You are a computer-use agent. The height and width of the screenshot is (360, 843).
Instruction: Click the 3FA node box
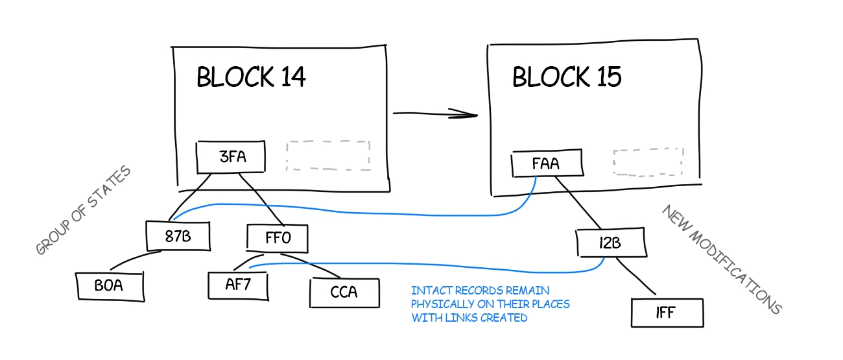tap(232, 157)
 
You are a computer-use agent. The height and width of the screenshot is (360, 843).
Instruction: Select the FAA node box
tap(546, 164)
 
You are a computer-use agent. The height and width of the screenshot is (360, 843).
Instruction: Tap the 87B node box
tap(178, 236)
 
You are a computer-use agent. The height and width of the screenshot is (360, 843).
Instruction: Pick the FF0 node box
tap(278, 238)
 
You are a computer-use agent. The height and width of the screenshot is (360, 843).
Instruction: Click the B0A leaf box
tap(109, 286)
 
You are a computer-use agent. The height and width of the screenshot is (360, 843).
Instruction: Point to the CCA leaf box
tap(344, 293)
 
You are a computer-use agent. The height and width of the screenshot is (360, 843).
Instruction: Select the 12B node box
tap(611, 244)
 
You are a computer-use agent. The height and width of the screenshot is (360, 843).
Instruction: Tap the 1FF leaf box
tap(666, 313)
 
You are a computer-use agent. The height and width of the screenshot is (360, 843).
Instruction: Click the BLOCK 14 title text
tap(251, 77)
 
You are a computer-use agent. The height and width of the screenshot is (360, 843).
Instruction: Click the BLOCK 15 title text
tap(567, 77)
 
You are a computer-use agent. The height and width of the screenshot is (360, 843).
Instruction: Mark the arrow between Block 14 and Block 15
tap(434, 114)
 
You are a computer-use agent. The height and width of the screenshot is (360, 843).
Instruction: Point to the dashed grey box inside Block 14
tap(328, 156)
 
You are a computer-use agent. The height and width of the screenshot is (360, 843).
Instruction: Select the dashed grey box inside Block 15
tap(648, 162)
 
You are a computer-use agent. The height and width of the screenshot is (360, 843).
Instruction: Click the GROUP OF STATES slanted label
tap(83, 210)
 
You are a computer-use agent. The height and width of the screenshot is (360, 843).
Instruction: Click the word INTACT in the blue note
tap(429, 291)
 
